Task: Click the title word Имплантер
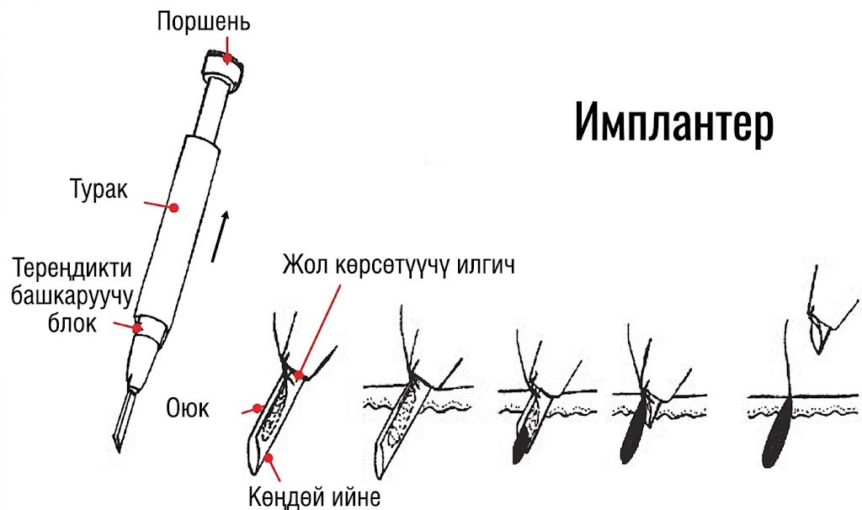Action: pyautogui.click(x=674, y=123)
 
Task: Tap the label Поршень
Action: pyautogui.click(x=204, y=22)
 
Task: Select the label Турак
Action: pyautogui.click(x=99, y=189)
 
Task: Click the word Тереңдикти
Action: pyautogui.click(x=72, y=268)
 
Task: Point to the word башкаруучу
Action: pyautogui.click(x=72, y=297)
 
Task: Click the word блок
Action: pyautogui.click(x=72, y=323)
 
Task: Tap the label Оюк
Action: pyautogui.click(x=188, y=408)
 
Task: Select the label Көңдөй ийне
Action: pyautogui.click(x=315, y=497)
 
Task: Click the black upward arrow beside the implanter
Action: pyautogui.click(x=220, y=236)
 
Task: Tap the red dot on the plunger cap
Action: pyautogui.click(x=226, y=58)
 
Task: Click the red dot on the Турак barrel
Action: pyautogui.click(x=173, y=208)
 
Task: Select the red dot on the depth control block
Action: pyautogui.click(x=137, y=328)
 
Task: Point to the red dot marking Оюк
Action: pyautogui.click(x=257, y=408)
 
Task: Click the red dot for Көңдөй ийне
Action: pyautogui.click(x=269, y=457)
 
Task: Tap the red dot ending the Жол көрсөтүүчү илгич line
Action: pyautogui.click(x=299, y=376)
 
